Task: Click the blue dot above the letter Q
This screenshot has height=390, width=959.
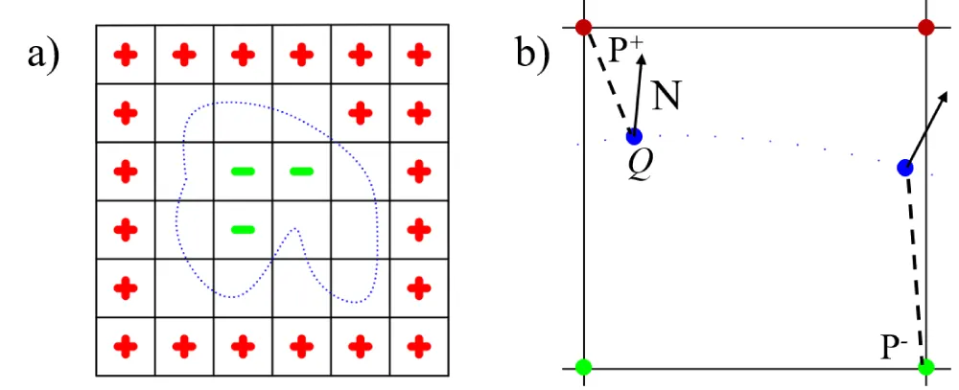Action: (x=633, y=136)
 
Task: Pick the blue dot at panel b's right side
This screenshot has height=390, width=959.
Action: (x=904, y=168)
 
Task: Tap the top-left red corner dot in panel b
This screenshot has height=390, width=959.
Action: (x=583, y=27)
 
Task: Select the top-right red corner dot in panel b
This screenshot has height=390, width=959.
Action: (x=925, y=27)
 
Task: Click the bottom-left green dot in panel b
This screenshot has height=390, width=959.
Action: (x=583, y=366)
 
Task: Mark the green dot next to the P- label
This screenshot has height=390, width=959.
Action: (x=925, y=366)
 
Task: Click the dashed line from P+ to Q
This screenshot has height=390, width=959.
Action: (x=608, y=81)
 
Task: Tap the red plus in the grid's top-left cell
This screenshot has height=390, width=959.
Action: (x=125, y=55)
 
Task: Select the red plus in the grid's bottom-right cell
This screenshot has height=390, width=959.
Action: (x=418, y=344)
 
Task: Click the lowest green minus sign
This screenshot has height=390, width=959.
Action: (x=243, y=229)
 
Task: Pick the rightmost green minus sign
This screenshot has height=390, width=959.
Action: (x=301, y=172)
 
